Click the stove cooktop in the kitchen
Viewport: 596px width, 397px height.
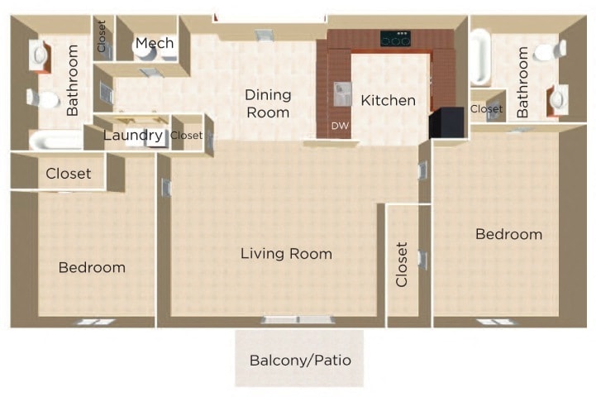395,39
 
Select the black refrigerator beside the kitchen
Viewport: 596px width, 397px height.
444,122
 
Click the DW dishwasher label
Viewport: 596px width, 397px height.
339,127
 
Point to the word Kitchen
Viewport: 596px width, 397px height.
388,100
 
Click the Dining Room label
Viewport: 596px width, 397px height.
267,104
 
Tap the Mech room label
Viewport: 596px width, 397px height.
154,43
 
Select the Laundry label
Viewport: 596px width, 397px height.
132,135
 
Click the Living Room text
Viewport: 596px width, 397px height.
286,253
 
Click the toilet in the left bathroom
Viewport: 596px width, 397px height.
43,99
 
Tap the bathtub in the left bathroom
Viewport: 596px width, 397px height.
54,141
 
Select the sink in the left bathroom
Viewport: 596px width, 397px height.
40,55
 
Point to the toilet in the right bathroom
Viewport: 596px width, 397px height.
550,52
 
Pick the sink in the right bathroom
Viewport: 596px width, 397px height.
557,99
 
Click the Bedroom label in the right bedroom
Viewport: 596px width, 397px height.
508,234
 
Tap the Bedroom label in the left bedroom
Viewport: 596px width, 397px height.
92,267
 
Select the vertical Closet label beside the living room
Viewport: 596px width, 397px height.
403,265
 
